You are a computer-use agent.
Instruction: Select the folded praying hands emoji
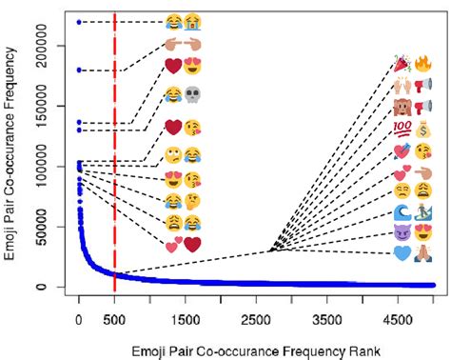click(424, 253)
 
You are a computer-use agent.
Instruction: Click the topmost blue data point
click(79, 22)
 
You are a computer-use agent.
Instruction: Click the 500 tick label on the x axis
click(114, 321)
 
